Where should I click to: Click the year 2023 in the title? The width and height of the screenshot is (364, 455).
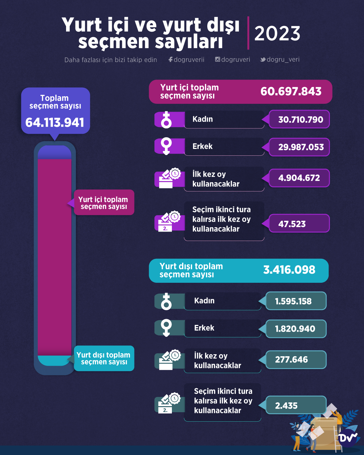click(x=277, y=33)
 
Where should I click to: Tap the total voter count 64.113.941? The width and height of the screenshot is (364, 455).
click(x=55, y=122)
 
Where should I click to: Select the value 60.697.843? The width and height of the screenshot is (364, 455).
click(x=291, y=91)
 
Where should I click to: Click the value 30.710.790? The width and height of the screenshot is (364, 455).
click(x=300, y=119)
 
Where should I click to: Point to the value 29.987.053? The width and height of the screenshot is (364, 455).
click(x=301, y=147)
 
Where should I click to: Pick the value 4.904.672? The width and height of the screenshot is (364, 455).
click(x=299, y=178)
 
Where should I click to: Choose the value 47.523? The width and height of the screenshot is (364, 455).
click(x=292, y=224)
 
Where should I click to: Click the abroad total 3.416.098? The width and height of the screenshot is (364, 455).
click(x=289, y=270)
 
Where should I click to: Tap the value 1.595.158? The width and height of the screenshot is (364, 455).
click(x=293, y=301)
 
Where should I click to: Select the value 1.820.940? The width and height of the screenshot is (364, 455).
click(x=295, y=329)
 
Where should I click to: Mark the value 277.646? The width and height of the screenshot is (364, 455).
click(x=291, y=360)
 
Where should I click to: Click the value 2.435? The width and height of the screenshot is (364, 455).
click(x=286, y=405)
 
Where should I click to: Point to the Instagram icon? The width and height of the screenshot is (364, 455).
click(x=218, y=59)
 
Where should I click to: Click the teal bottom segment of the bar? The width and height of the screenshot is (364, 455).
click(x=54, y=360)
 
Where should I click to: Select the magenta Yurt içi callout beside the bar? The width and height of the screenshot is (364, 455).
click(x=104, y=203)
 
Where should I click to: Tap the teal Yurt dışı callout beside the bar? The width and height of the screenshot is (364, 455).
click(x=104, y=358)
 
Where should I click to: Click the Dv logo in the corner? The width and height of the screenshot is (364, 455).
click(x=347, y=438)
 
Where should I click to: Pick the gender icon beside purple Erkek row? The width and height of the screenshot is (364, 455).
click(x=166, y=146)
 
